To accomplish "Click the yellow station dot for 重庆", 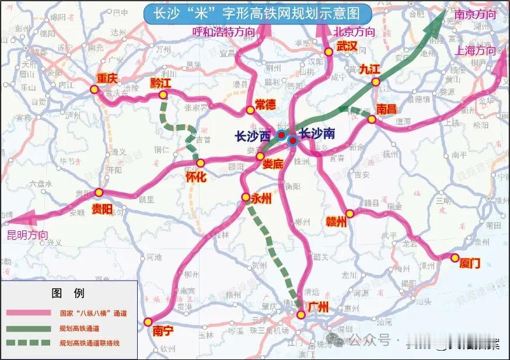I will [95, 89].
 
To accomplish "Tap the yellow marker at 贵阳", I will [99, 193].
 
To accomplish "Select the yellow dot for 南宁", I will [148, 321].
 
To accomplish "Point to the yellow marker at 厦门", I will [455, 257].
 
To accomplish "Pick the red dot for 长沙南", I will [292, 140].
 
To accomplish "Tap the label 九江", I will [369, 69].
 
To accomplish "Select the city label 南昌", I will [386, 109].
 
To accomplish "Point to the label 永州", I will [261, 198].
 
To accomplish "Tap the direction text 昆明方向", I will [27, 235].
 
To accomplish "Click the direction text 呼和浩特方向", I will [223, 33].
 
